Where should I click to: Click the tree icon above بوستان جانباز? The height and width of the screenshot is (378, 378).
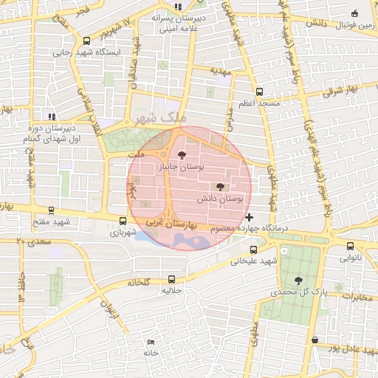pos(182,154)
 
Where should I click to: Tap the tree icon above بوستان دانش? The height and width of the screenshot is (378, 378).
pos(219,187)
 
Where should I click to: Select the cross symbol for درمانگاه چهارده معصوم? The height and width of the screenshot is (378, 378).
pos(249,217)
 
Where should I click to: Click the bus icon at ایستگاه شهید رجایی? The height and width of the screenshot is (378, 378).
pos(88,41)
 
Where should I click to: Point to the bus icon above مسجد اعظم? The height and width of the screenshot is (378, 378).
pos(258,92)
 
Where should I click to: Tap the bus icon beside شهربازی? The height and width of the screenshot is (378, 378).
pos(123,220)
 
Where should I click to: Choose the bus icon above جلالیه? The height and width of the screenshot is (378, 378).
pos(171,279)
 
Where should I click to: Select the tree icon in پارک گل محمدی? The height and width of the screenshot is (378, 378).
pos(298,280)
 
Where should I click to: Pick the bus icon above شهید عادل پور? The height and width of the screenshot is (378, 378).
pos(315,340)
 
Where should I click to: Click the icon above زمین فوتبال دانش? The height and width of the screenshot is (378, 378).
pos(355,13)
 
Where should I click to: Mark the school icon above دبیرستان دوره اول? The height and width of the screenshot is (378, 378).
pos(51,116)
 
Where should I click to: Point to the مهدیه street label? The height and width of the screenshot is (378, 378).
pos(221,72)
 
